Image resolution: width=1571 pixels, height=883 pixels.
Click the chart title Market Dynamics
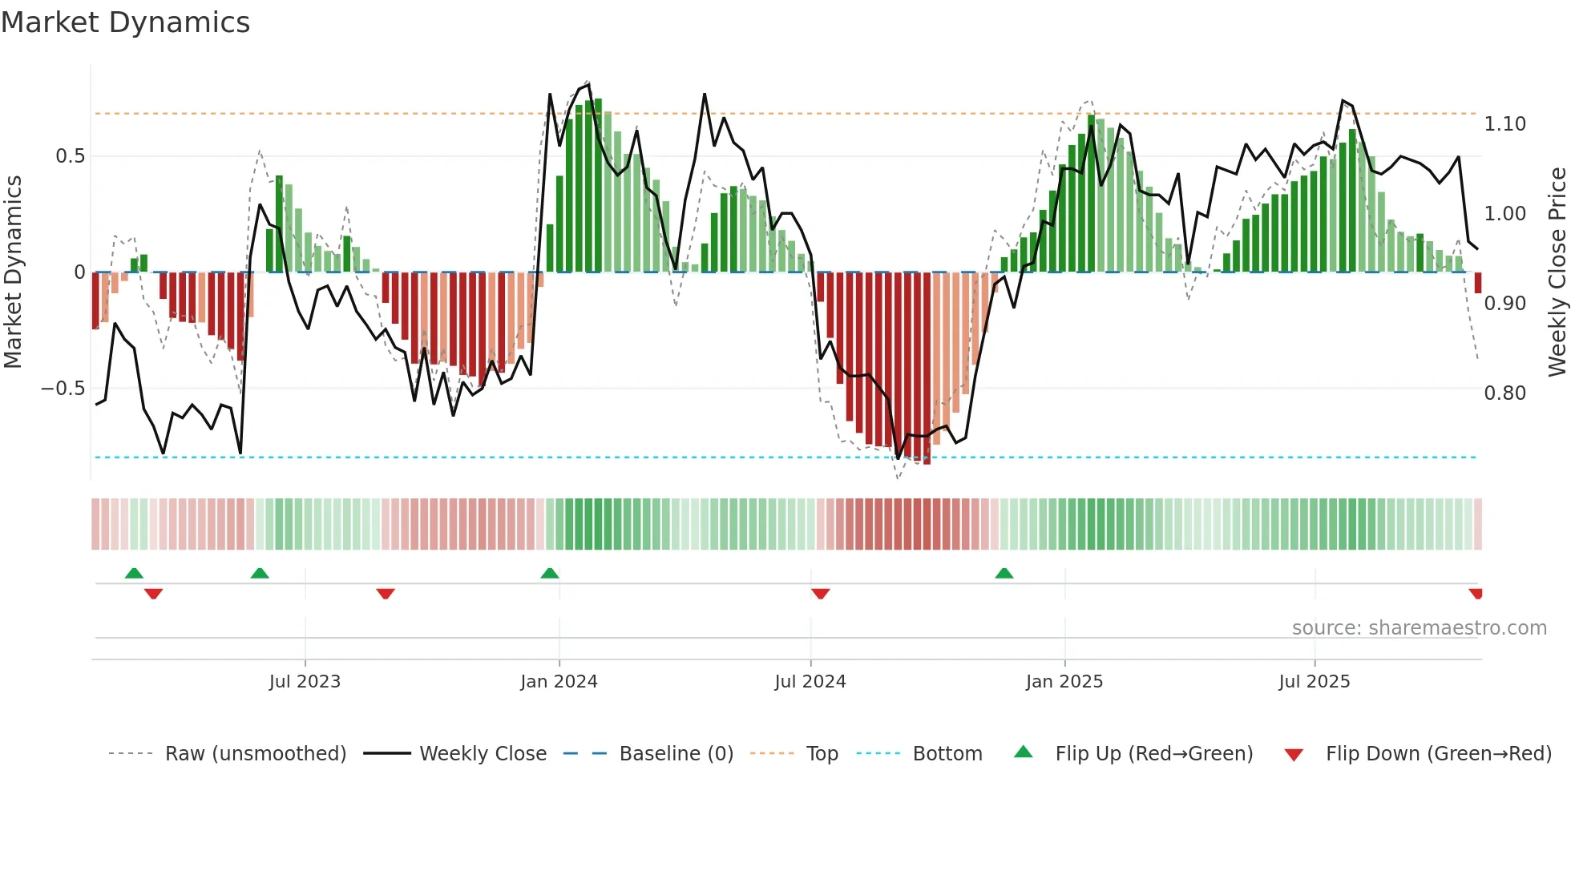125,22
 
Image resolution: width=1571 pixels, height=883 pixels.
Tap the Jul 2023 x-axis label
305,682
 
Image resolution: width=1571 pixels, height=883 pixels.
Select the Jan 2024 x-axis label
559,682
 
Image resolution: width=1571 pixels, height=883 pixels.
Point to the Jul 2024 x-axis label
810,682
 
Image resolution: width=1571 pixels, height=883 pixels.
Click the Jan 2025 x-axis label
1064,682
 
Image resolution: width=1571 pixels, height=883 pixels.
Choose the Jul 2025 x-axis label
1315,682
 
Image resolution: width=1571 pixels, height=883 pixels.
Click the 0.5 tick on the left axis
70,156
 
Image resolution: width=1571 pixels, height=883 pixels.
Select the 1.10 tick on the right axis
1504,124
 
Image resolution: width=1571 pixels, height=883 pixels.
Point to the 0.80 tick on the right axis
1504,393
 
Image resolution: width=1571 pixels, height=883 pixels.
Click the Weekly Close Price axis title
1557,272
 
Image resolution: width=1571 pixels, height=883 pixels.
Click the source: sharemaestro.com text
1419,628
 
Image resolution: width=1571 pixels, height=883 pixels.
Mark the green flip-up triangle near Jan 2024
550,574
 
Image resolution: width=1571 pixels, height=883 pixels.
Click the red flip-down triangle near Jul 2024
820,594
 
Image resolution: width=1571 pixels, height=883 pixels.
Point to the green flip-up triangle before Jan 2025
1004,574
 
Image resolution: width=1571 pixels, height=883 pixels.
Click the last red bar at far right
1478,283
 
